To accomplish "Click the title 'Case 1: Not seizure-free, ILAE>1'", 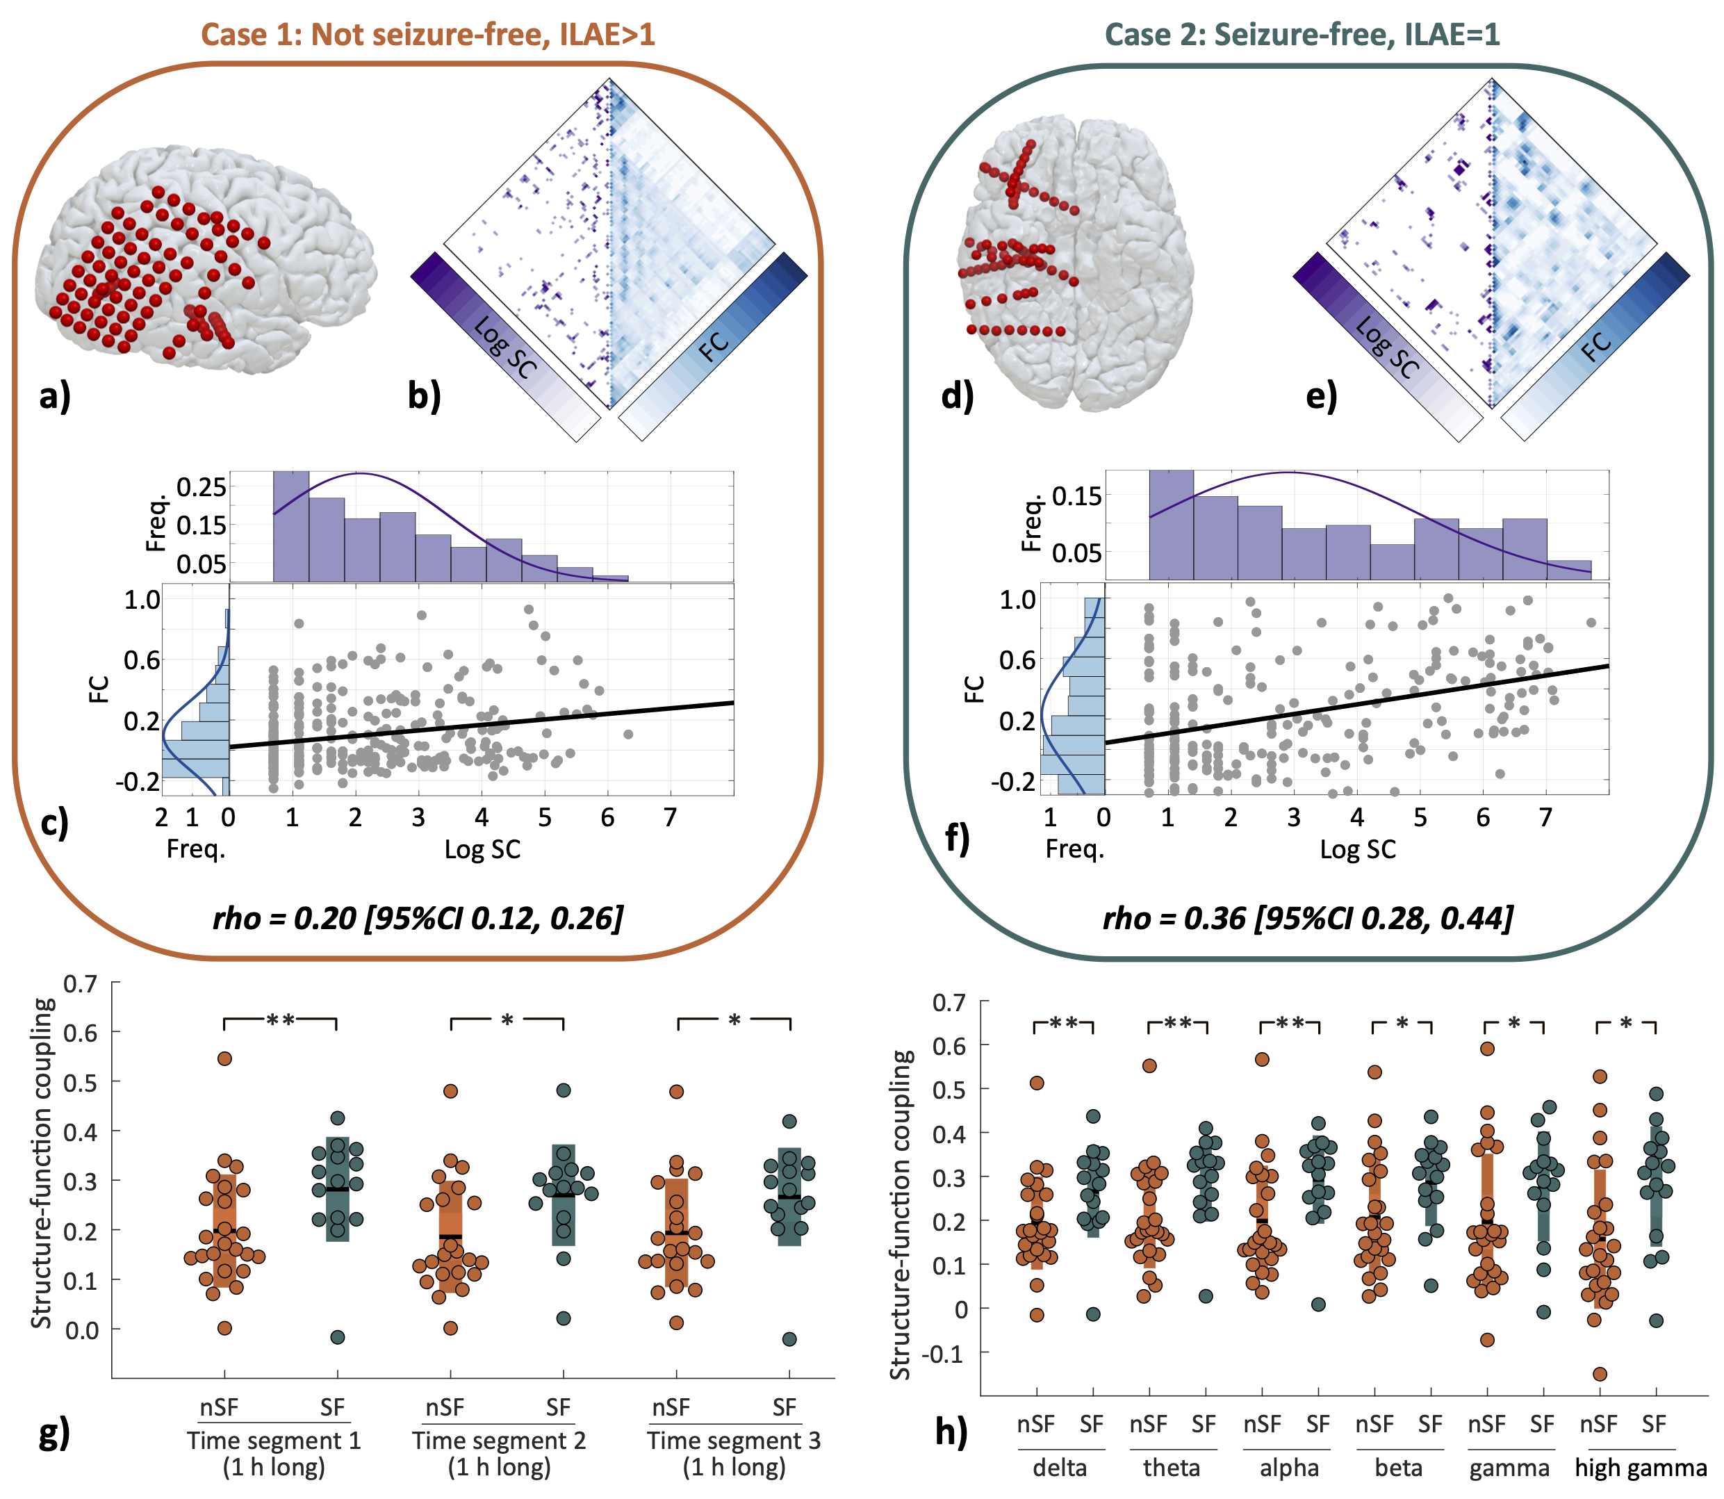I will [x=427, y=34].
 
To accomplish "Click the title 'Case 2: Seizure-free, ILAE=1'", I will [x=1302, y=34].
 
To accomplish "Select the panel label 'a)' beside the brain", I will [x=55, y=395].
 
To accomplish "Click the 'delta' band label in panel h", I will [x=1060, y=1467].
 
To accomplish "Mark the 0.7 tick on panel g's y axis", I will [x=81, y=984].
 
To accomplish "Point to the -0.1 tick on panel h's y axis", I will [x=947, y=1352].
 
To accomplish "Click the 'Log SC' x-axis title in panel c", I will [x=482, y=849].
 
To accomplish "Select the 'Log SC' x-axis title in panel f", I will [x=1358, y=849].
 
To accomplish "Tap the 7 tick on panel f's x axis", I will [x=1546, y=817].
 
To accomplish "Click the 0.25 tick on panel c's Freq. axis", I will [x=202, y=487].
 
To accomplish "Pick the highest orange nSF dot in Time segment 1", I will [x=224, y=1058].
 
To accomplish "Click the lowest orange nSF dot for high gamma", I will [x=1600, y=1373].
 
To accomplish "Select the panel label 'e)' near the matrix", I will [x=1321, y=395].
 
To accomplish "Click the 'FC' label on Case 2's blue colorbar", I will [x=1596, y=344].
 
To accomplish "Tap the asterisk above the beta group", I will [x=1402, y=1023].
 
